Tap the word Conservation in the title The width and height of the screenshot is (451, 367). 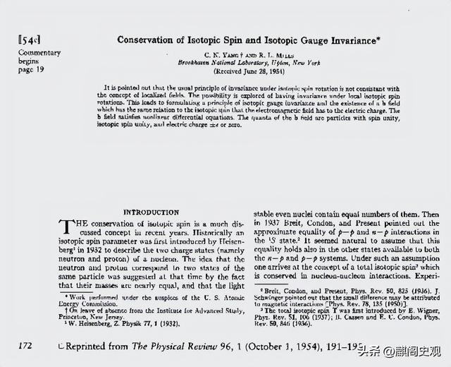(144, 40)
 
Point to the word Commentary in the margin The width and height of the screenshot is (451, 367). (39, 53)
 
